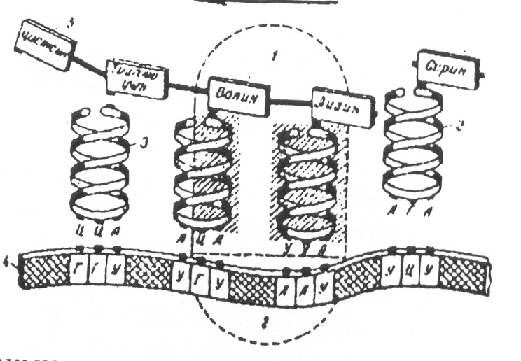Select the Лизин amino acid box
[x=343, y=107]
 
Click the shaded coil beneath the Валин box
[x=204, y=175]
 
